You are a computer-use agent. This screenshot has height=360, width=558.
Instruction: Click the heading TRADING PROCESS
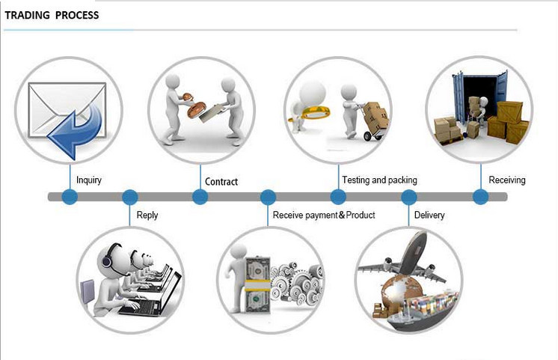pos(52,15)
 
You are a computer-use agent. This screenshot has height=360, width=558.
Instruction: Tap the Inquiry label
pos(89,180)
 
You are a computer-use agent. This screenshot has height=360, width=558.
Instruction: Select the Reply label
pos(147,216)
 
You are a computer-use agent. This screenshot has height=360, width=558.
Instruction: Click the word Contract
pos(221,182)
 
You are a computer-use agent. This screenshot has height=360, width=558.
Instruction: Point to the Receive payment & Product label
pos(324,215)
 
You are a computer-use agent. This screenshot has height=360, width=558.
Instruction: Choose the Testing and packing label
pos(380,180)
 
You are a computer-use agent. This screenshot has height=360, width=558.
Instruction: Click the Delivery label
pos(429,215)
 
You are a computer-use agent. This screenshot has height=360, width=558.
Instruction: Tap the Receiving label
pos(507,180)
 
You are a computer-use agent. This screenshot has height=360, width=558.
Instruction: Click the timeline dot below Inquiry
pos(70,197)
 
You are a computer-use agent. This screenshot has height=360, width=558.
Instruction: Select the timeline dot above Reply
pos(130,197)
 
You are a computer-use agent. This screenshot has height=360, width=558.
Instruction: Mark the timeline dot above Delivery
pos(409,197)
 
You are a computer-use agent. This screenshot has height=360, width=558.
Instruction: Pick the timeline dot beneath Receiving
pos(480,197)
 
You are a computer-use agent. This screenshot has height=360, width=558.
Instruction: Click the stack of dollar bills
pos(257,285)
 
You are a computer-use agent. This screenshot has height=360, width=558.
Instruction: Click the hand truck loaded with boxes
pos(374,121)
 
